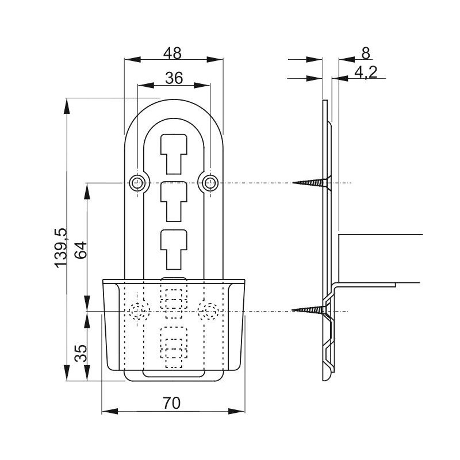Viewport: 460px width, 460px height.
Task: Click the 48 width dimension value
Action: [x=172, y=53]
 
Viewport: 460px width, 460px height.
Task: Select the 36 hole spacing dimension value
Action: [x=174, y=78]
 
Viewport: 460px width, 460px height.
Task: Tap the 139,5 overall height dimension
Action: [x=61, y=248]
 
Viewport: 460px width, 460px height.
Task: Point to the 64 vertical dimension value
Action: [x=80, y=250]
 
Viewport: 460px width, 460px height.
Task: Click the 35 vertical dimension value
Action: [x=80, y=353]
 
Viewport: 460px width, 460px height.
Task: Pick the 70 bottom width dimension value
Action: [x=172, y=403]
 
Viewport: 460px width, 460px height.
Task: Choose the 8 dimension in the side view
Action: [x=366, y=53]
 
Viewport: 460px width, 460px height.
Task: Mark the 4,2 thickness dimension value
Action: [x=366, y=72]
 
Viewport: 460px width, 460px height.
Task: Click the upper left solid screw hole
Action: [x=137, y=183]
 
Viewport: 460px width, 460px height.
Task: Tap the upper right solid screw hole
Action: [x=210, y=183]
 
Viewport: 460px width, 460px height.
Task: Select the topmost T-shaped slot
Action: [x=174, y=154]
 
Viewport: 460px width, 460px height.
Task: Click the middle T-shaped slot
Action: [x=174, y=202]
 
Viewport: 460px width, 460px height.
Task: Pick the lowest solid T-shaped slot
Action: [x=174, y=250]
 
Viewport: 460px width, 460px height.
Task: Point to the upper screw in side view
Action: [x=312, y=183]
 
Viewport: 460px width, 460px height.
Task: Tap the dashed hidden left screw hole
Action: [x=137, y=311]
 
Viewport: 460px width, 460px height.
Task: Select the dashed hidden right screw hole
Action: [x=209, y=311]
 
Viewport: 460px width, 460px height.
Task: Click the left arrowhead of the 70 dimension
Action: [x=110, y=411]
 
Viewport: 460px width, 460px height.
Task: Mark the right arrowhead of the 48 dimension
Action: [x=214, y=60]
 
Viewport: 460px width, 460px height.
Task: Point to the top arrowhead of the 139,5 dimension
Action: [x=67, y=106]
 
